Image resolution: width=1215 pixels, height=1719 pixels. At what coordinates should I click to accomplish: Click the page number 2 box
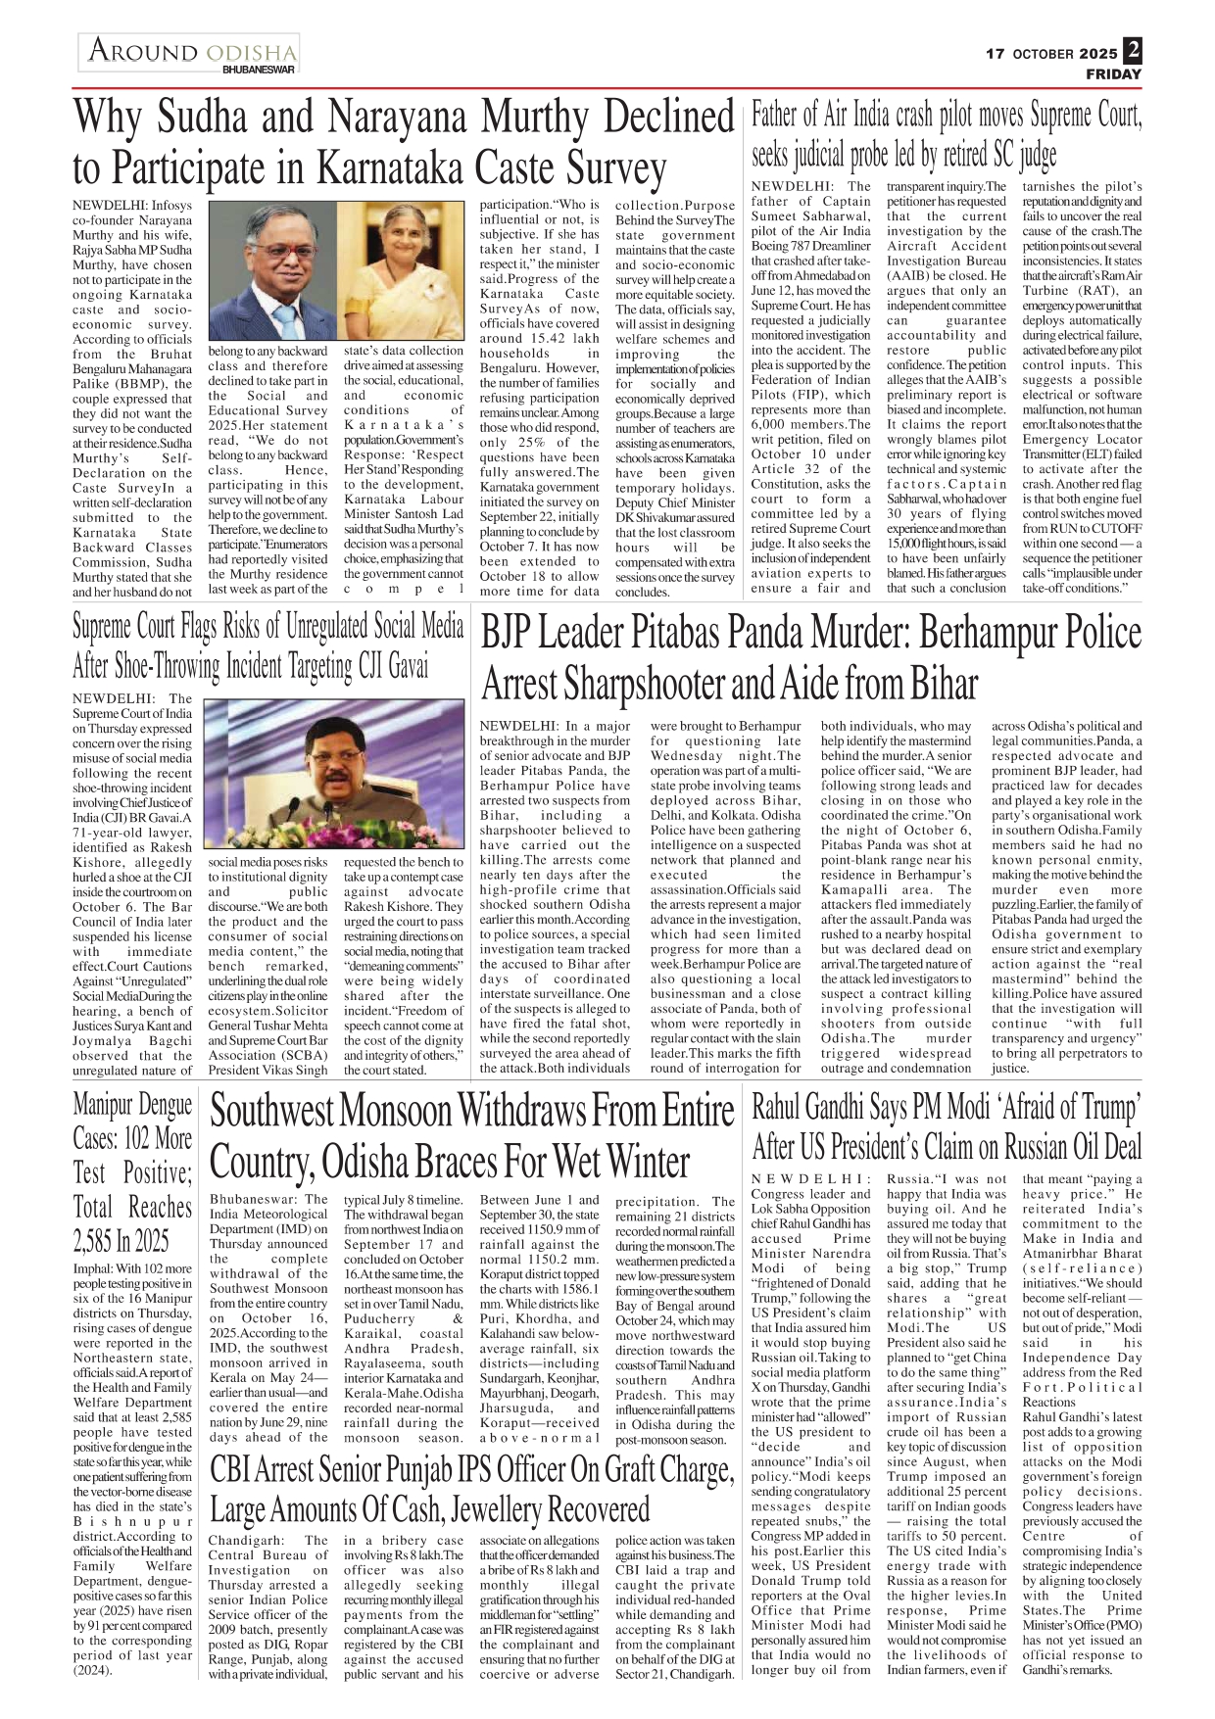coord(1133,50)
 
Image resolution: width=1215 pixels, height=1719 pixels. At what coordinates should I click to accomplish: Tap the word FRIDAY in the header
coord(1113,74)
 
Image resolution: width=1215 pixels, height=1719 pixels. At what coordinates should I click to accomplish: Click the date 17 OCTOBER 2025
coord(1050,54)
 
